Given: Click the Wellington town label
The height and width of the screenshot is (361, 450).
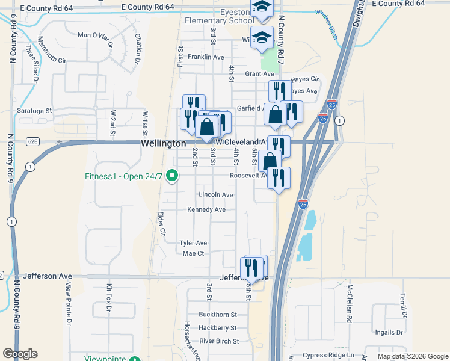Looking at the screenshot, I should coord(163,144).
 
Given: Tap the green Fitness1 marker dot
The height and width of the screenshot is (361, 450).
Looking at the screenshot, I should coord(173,176).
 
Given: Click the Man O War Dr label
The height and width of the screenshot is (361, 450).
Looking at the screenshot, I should coord(96,35).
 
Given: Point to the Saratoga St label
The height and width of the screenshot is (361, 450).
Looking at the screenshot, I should coord(34,111).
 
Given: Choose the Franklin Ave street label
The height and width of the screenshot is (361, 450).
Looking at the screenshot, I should coord(206,57).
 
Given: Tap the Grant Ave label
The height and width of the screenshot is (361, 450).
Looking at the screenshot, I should coord(259,74).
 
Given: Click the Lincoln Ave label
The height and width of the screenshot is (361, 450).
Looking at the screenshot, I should coord(215,195).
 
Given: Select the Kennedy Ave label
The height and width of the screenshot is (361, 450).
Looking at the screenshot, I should coord(206,209).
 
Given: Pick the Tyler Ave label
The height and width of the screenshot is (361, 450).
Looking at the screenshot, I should coord(193,243).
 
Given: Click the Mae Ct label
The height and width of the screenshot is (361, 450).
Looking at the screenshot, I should coord(193,253).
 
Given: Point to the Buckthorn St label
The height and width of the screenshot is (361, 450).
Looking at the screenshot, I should coord(218,315).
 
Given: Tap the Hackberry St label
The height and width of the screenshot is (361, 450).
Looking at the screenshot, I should coord(218,328).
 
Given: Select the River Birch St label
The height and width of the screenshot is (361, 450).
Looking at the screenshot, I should coord(219,341).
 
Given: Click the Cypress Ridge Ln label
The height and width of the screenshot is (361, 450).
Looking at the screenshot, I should coord(328,355).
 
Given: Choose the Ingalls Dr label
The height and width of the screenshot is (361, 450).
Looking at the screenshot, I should coord(389,332).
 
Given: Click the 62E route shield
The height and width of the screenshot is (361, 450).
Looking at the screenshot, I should coord(32,142).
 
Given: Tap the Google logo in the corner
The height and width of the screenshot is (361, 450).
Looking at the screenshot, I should coord(20,354).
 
